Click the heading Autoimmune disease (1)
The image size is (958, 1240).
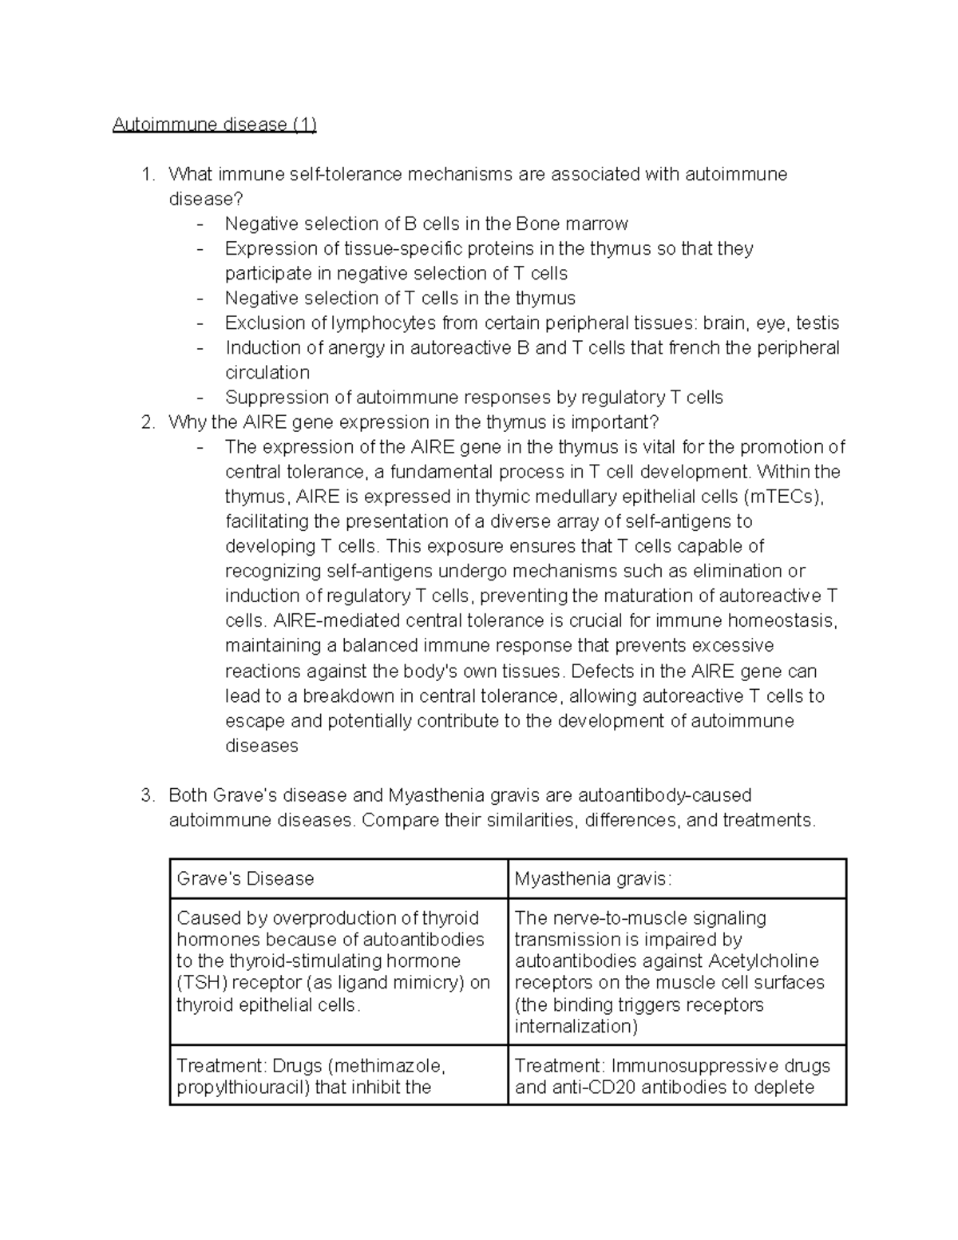click(214, 125)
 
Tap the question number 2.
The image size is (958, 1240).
click(147, 422)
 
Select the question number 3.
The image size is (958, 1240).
click(147, 795)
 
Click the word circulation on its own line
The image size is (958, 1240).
click(267, 373)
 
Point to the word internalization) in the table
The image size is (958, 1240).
click(576, 1027)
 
